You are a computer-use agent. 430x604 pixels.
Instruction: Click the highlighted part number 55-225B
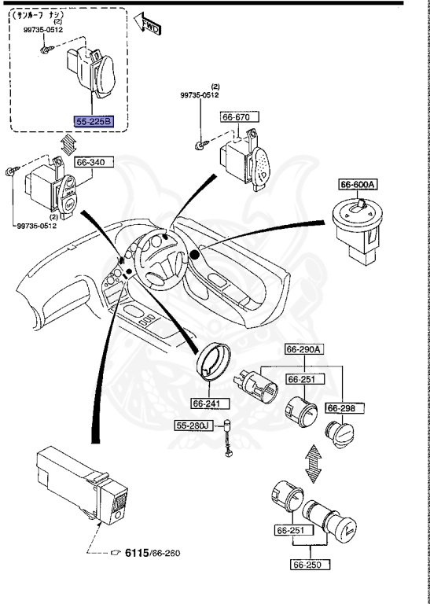tap(94, 122)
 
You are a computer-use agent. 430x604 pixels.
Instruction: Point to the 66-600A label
tap(358, 185)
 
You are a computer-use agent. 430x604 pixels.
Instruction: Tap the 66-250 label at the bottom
tap(308, 564)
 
